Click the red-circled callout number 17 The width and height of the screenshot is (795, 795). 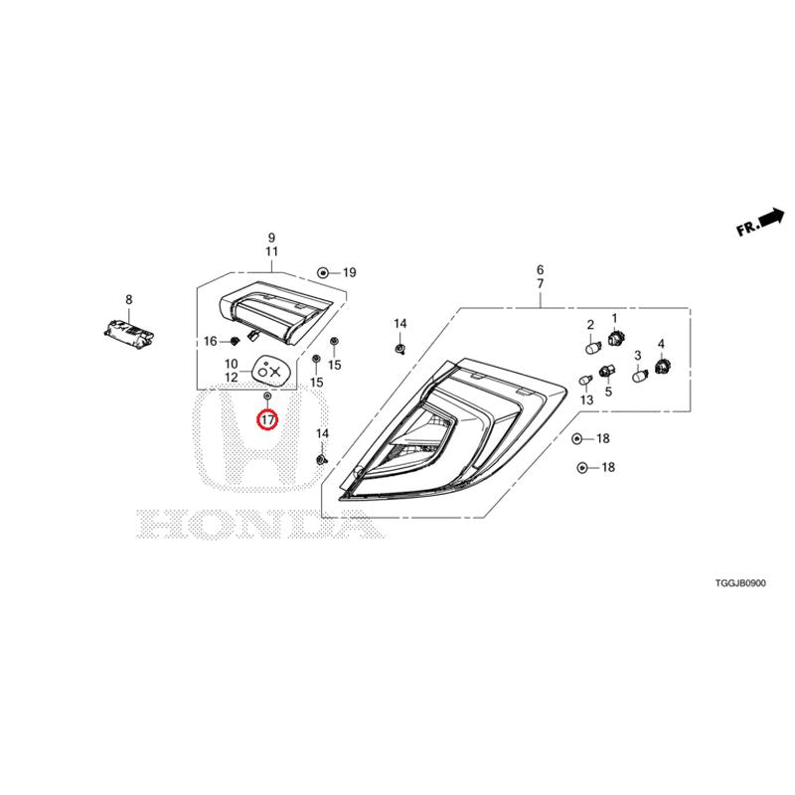pyautogui.click(x=267, y=419)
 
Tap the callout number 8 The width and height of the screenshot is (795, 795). pyautogui.click(x=129, y=300)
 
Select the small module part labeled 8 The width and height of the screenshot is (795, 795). pyautogui.click(x=128, y=333)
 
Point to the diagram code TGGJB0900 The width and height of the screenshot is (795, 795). pyautogui.click(x=740, y=583)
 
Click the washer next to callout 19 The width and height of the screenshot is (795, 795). pyautogui.click(x=322, y=272)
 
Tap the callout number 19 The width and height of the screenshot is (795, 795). pyautogui.click(x=350, y=272)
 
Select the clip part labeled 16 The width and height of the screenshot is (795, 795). pyautogui.click(x=235, y=341)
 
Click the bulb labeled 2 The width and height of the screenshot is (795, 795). pyautogui.click(x=593, y=347)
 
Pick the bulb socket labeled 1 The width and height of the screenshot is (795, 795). pyautogui.click(x=615, y=337)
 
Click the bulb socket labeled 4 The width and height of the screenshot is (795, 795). pyautogui.click(x=662, y=365)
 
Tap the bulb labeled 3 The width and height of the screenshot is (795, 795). pyautogui.click(x=640, y=376)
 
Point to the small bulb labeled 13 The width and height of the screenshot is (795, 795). pyautogui.click(x=586, y=380)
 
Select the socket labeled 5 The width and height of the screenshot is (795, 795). pyautogui.click(x=607, y=372)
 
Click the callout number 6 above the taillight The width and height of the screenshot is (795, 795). pyautogui.click(x=541, y=269)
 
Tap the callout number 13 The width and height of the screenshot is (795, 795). pyautogui.click(x=586, y=400)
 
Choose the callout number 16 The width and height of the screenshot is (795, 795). pyautogui.click(x=211, y=341)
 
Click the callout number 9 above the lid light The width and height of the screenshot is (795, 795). pyautogui.click(x=271, y=238)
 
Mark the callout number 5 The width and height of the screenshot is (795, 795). pyautogui.click(x=608, y=392)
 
